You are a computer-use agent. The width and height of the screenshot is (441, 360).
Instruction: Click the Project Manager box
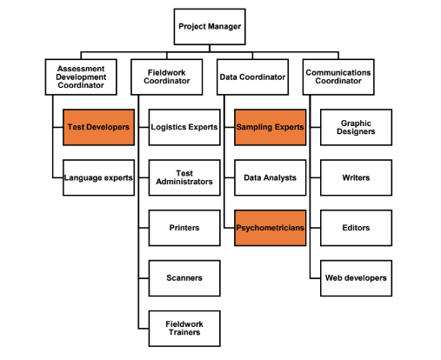210,27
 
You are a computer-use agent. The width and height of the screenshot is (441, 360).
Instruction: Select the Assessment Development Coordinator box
81,77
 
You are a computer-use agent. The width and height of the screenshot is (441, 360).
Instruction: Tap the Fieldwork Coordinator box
167,77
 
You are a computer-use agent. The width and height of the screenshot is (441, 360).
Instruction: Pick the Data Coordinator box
252,77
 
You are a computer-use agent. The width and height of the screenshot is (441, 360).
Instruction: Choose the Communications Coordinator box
338,77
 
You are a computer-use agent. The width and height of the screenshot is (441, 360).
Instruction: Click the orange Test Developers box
98,127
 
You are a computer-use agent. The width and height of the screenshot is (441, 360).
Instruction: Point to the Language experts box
98,177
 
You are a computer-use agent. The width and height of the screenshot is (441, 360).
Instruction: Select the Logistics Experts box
184,127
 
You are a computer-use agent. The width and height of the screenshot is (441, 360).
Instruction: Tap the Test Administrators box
184,177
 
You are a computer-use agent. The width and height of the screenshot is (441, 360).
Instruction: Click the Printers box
184,228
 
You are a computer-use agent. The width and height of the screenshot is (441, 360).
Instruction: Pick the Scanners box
184,278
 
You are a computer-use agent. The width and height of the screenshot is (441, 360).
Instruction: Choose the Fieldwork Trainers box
184,329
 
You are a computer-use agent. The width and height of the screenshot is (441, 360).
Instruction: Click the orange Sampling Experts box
271,127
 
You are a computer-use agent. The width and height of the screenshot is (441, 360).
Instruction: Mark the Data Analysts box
271,177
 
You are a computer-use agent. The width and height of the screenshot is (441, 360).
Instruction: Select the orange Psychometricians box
271,228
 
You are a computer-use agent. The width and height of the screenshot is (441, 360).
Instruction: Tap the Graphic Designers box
356,127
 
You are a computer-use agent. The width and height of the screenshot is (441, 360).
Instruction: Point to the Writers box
356,177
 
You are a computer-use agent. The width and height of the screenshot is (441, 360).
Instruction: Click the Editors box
356,228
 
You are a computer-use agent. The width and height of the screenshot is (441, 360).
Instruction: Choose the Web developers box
356,278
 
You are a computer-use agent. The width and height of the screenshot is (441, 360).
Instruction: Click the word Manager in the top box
225,27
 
